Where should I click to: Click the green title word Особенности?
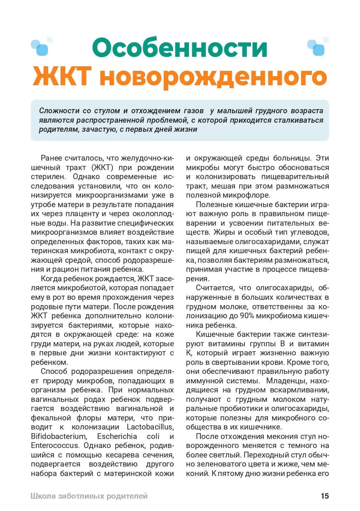coord(179,47)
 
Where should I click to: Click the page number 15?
coord(325,496)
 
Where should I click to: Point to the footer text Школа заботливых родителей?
coord(89,496)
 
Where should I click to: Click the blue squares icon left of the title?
coord(42,47)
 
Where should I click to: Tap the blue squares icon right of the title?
coord(318,47)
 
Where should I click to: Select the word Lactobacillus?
coord(151,425)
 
